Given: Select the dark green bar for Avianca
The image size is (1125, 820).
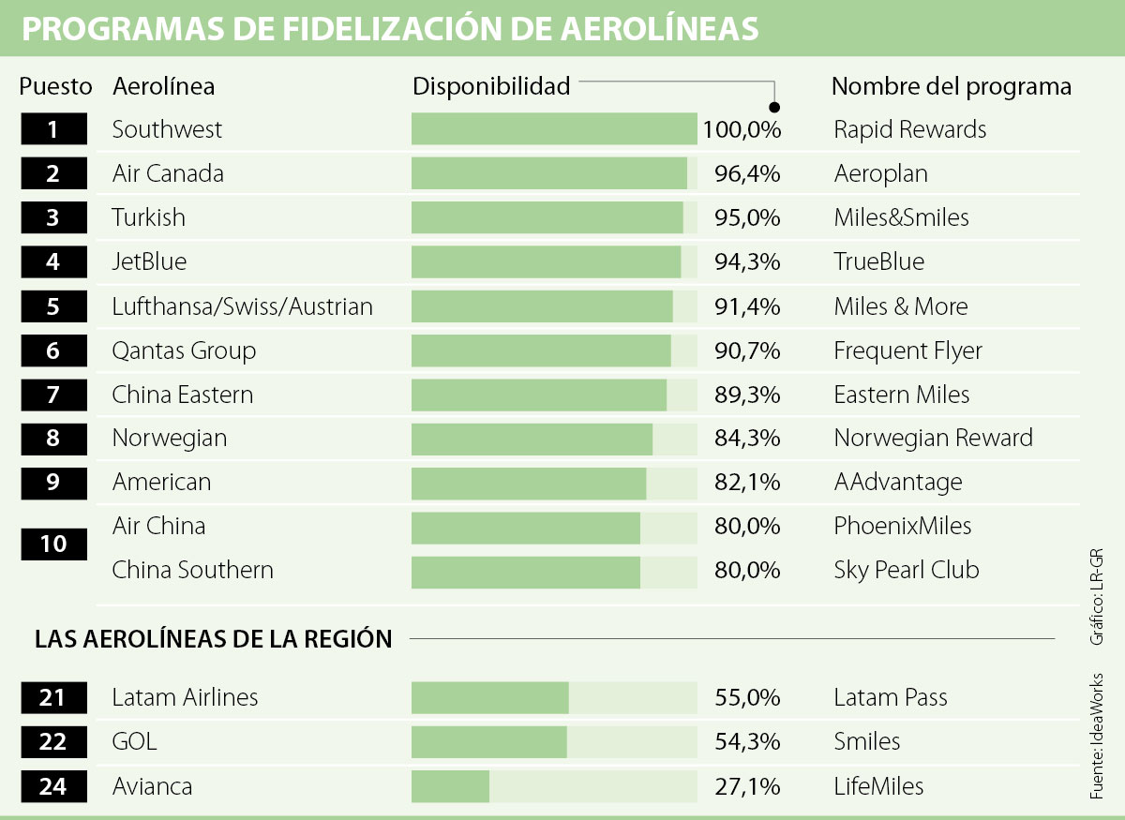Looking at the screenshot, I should click(450, 786).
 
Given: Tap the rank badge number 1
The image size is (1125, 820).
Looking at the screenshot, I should click(53, 129).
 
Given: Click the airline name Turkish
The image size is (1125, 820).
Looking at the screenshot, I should click(148, 217).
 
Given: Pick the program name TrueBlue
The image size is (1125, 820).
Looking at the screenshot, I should click(878, 261).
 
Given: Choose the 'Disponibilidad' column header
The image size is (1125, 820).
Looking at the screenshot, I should click(491, 86).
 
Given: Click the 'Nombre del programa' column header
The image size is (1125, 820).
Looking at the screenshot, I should click(951, 86).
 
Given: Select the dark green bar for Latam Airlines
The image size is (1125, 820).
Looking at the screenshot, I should click(489, 698).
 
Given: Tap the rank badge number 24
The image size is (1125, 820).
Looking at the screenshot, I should click(53, 786).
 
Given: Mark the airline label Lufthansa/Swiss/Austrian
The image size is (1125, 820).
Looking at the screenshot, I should click(242, 306).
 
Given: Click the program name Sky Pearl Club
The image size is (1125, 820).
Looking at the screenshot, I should click(906, 570).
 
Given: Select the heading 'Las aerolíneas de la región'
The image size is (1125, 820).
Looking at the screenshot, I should click(213, 639).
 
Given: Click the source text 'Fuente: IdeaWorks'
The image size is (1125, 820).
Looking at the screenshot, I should click(1096, 736).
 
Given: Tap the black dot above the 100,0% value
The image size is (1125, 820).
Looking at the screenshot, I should click(774, 106).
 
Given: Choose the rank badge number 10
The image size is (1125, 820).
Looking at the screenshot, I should click(53, 544).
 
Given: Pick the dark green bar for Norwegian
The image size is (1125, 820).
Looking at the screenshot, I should click(532, 438).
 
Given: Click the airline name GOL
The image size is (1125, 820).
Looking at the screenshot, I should click(134, 742).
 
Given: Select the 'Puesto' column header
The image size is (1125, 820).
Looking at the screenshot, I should click(55, 86).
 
